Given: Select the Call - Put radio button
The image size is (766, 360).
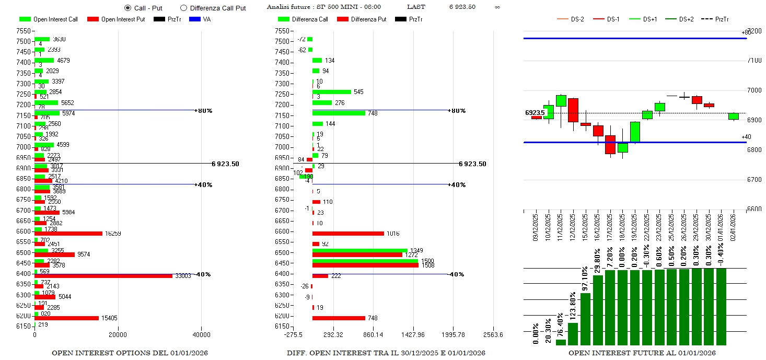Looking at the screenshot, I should [127, 8].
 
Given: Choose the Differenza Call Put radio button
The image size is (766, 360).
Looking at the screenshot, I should [183, 8].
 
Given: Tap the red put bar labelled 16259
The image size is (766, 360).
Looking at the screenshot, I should [68, 234].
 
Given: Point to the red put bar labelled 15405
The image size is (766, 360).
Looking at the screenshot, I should [66, 318].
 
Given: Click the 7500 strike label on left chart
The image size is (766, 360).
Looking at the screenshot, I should [24, 41].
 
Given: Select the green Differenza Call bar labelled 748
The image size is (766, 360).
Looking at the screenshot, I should [339, 113].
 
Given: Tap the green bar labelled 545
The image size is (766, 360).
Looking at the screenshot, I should [332, 92].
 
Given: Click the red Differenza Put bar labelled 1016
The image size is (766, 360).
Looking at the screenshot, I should [348, 234].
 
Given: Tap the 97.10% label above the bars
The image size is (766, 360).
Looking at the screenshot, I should [585, 280].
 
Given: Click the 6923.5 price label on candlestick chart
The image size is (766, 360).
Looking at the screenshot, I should [535, 113].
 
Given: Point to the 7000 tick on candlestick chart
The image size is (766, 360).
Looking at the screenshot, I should [754, 90].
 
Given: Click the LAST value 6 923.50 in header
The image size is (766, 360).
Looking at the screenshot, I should [462, 7].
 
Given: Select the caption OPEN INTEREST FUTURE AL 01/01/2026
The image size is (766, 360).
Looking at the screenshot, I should [642, 353].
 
